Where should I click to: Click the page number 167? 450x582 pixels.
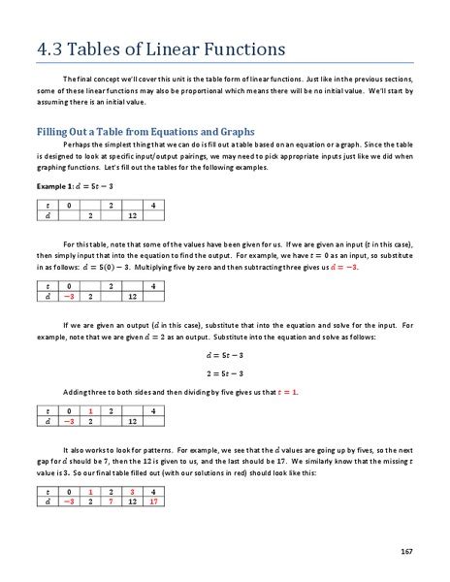pyautogui.click(x=408, y=551)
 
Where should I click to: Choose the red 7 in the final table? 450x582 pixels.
pyautogui.click(x=112, y=504)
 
